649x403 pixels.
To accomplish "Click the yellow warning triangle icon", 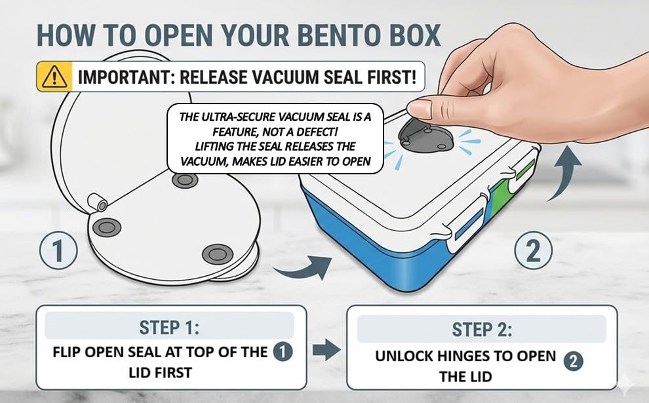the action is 54,77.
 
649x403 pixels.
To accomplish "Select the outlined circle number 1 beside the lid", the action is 58,250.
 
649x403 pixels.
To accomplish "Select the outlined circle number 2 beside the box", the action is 534,250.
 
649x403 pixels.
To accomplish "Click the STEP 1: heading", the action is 169,328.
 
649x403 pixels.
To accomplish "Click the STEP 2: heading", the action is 482,330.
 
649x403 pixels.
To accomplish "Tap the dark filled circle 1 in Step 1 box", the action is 283,352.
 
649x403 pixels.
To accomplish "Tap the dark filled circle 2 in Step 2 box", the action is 573,361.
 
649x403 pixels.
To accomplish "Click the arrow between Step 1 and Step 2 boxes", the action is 326,350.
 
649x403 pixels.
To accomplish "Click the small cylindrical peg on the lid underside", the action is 98,202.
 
